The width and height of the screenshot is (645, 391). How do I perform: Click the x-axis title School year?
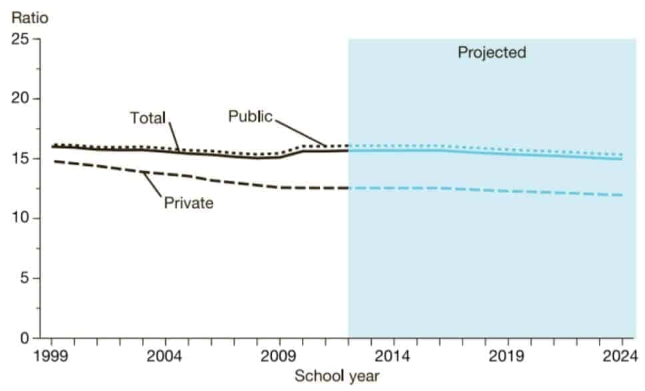coord(337,376)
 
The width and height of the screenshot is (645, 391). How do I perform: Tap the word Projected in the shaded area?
coord(492,52)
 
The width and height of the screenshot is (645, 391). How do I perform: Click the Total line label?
coord(147,119)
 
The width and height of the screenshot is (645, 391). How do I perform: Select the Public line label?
coord(251,117)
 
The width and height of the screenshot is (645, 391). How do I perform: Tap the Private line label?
coord(189,203)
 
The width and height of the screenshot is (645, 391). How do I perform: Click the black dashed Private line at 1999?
coord(54,161)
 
